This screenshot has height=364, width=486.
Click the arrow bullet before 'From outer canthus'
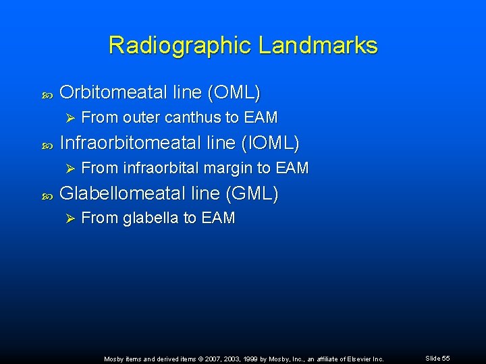(66, 117)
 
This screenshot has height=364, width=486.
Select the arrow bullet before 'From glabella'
(66, 218)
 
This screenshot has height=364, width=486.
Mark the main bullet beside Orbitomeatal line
(47, 92)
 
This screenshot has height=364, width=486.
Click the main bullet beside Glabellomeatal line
(47, 195)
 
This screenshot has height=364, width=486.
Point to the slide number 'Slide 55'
(437, 358)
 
